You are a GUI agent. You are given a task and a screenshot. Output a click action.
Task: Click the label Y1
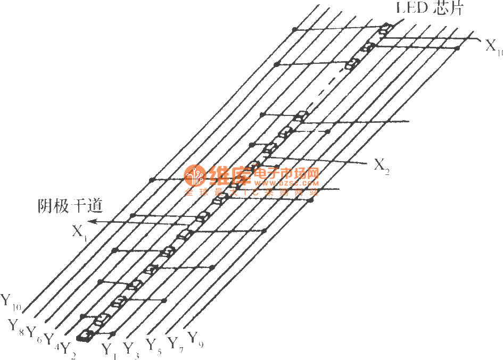click(x=110, y=350)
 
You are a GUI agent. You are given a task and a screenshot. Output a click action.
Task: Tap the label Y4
click(x=51, y=339)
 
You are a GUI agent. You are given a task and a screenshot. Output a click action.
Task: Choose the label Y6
click(x=34, y=332)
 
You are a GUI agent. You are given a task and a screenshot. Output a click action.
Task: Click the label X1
click(x=79, y=232)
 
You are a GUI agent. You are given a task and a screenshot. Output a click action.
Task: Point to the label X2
click(x=382, y=165)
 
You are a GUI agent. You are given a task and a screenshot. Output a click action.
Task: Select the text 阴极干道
click(x=70, y=206)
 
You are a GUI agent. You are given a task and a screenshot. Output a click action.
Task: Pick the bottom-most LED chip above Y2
click(x=85, y=335)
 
